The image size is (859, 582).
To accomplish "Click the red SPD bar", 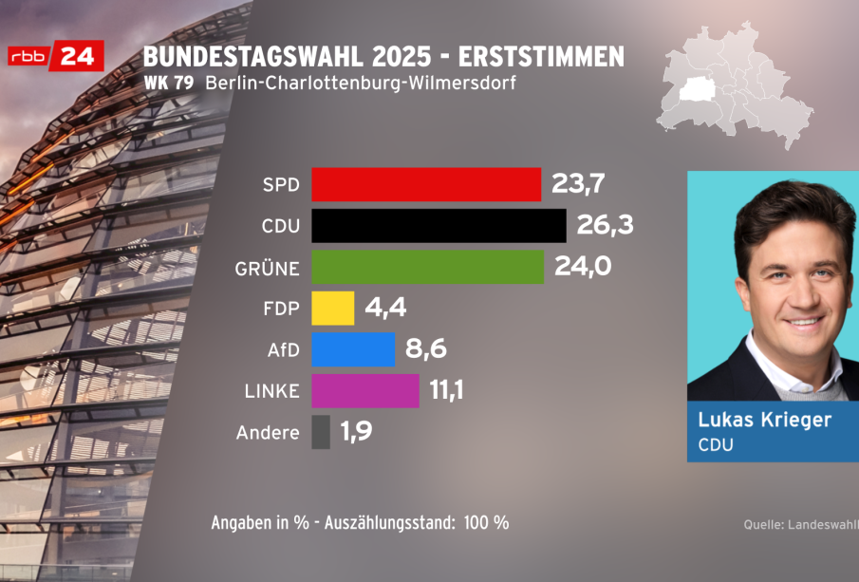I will [426, 184].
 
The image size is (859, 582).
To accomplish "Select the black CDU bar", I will [439, 226].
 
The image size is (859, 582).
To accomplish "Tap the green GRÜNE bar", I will [428, 268].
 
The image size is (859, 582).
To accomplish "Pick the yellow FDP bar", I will [332, 308].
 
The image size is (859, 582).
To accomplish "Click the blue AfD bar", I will [353, 349].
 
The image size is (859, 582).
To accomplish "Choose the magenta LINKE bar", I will [364, 390].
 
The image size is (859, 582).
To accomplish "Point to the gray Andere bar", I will [321, 432].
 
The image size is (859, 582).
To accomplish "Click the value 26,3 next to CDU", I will [605, 226].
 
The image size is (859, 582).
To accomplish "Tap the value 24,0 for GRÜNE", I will [582, 268].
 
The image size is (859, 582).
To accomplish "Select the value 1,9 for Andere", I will [356, 433].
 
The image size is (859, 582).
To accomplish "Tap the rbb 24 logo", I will [55, 56].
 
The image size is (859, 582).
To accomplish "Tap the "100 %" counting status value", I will [487, 523].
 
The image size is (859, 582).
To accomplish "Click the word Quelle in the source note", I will [763, 524].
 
